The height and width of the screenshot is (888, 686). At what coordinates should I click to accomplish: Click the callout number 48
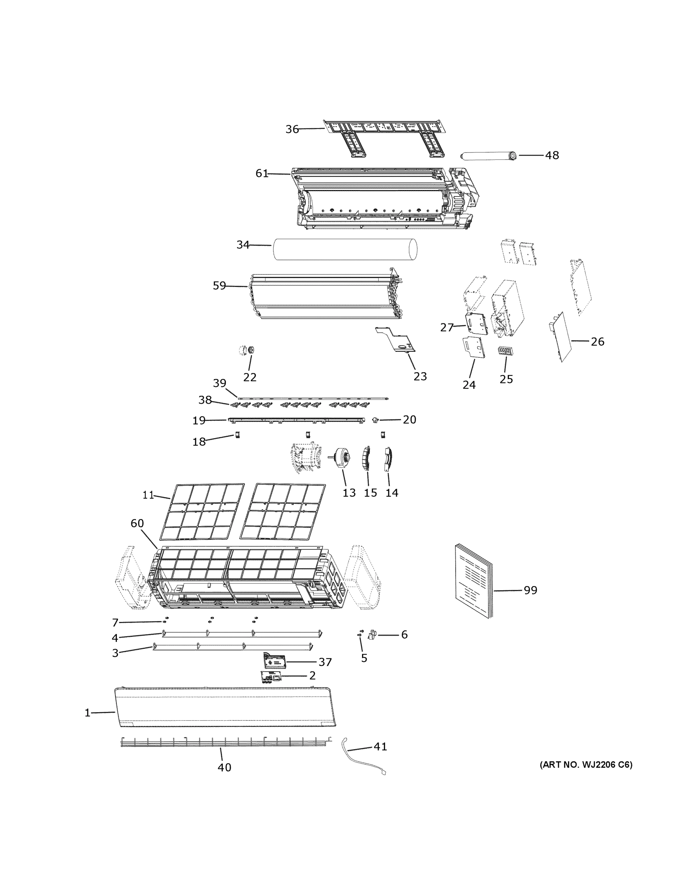click(551, 155)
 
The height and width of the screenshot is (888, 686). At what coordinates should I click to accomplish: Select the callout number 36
click(292, 129)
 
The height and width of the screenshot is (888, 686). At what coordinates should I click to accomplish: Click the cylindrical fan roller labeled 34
click(345, 249)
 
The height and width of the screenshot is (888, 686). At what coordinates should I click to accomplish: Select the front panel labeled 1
click(226, 708)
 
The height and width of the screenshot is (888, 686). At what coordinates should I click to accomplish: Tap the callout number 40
click(224, 767)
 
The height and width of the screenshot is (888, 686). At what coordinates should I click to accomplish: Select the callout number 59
click(219, 286)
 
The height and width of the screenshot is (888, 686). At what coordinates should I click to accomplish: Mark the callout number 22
click(250, 377)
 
